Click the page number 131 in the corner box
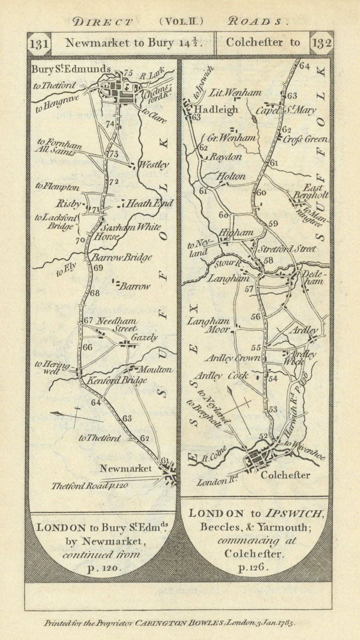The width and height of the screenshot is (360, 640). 39,44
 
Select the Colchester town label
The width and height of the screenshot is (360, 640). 285,475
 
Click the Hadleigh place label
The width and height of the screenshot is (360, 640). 216,109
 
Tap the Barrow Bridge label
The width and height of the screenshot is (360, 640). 122,257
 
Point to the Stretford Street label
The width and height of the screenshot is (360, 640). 287,249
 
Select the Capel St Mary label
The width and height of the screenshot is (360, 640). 286,110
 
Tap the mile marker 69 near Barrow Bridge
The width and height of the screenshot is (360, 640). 98,268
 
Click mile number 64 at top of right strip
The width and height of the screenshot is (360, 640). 305,66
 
